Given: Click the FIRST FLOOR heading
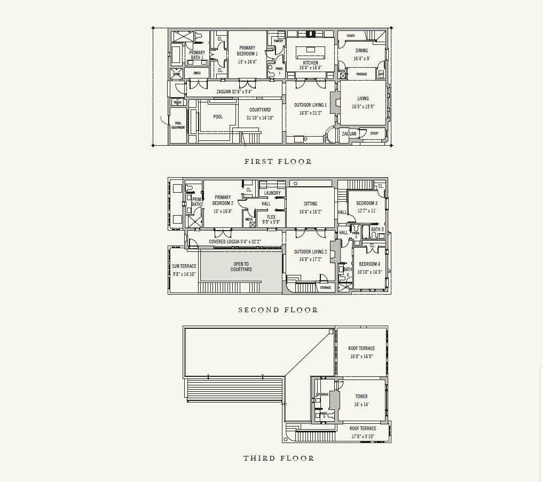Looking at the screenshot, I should coord(278,161).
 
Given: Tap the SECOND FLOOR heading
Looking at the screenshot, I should coord(278,310).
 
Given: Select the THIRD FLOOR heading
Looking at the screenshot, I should coord(279,458).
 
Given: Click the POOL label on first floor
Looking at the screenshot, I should coord(218,117).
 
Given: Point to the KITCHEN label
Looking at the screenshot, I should coord(310,63).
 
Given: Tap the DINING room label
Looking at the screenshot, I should coord(361,51).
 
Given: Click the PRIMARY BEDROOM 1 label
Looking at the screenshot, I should coord(247,51).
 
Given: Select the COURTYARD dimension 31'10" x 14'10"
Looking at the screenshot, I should coord(260,118).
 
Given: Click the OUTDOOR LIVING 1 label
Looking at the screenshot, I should coord(310,105).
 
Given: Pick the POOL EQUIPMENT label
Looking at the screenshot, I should coord(178,125).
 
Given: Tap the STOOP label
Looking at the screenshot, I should coord(374,133).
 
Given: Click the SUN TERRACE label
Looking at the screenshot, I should coord(184,266).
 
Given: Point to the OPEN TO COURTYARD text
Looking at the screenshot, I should coord(241,267).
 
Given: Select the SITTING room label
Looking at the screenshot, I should coord(310,203).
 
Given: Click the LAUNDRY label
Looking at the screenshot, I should coord(272,193).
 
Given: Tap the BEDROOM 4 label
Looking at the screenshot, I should coord(369,264).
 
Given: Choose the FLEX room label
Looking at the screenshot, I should coord(271,217).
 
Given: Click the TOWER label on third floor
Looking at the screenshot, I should coord(361,397).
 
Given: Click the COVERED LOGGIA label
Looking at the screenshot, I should coord(227,242).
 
